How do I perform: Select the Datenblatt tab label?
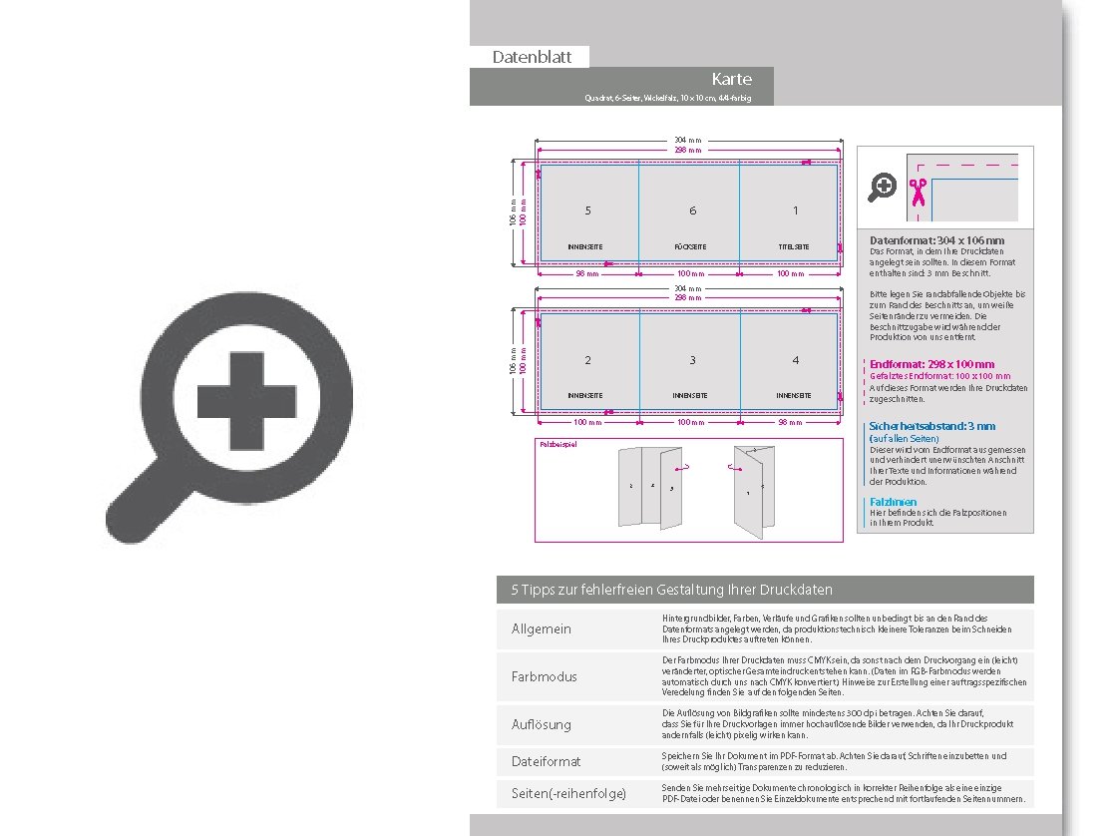pos(532,58)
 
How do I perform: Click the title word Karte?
pos(731,79)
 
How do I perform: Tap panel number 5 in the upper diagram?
pos(588,210)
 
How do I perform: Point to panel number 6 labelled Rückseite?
pos(692,210)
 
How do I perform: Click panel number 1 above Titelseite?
pos(795,210)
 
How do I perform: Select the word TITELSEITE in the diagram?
pos(794,246)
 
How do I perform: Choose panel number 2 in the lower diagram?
pos(588,360)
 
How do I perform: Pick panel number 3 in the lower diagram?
pos(692,360)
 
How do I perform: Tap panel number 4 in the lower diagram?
pos(795,360)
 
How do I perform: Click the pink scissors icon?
pos(918,189)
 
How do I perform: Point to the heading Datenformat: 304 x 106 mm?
pos(936,240)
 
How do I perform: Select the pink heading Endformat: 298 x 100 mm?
pos(931,364)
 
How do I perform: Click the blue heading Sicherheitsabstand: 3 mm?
pos(931,426)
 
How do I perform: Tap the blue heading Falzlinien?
pos(893,502)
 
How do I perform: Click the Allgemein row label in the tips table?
pos(542,629)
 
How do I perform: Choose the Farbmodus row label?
pos(544,676)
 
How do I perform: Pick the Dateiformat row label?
pos(546,761)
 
